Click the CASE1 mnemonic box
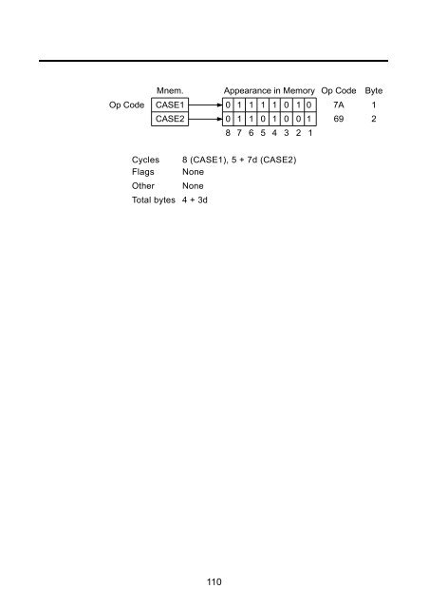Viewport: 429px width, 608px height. click(170, 104)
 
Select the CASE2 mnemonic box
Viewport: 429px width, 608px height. click(170, 119)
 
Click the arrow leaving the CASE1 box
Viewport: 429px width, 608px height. click(205, 104)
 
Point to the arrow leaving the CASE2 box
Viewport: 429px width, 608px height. click(205, 119)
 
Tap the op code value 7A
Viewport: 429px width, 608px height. click(338, 104)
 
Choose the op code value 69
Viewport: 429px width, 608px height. click(338, 119)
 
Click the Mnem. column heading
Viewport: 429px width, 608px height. click(170, 91)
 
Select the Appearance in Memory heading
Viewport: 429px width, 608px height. click(269, 91)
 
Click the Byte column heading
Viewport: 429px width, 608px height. click(374, 91)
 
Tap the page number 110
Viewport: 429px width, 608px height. click(214, 581)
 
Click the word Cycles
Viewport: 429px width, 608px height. click(145, 160)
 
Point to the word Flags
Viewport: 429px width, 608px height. click(142, 172)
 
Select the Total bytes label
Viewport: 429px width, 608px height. click(154, 200)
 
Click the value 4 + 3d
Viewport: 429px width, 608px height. click(195, 200)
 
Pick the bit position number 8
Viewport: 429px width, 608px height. click(228, 133)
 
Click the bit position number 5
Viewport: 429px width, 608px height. click(263, 133)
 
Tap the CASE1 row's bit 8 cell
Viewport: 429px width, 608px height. click(228, 104)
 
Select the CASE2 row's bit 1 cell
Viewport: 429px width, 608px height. click(309, 119)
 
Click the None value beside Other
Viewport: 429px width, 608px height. click(193, 186)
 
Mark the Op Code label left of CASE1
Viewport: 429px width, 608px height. click(127, 105)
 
